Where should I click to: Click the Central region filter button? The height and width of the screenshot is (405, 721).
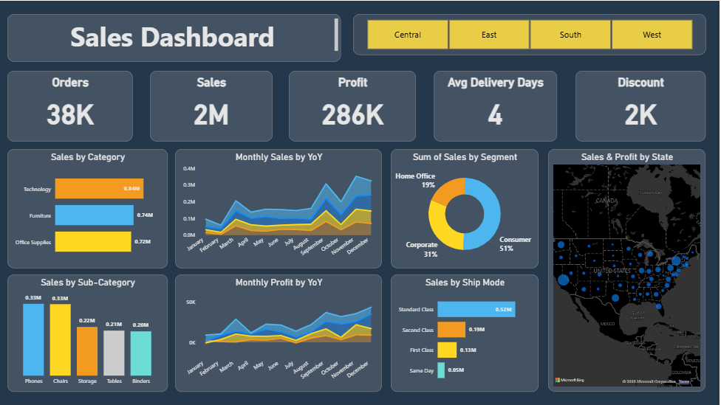[408, 35]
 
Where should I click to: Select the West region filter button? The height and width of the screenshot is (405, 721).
[652, 35]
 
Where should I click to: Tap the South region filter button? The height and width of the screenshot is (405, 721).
[570, 35]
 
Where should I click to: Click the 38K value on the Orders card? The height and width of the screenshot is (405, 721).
[70, 114]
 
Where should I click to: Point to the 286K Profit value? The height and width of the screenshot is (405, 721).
[352, 114]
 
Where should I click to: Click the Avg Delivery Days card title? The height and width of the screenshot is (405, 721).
[495, 83]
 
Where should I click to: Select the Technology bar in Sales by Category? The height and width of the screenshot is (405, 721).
[99, 189]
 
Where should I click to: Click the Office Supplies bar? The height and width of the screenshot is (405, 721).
[92, 241]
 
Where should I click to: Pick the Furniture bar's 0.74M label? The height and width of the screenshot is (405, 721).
[145, 215]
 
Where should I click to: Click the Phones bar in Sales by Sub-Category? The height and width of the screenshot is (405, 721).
[33, 339]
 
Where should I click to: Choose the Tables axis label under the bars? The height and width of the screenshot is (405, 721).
[114, 382]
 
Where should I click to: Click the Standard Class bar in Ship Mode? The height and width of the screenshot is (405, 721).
[476, 309]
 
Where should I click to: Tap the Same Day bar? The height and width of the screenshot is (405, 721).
[441, 370]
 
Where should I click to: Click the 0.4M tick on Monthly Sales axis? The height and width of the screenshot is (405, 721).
[189, 168]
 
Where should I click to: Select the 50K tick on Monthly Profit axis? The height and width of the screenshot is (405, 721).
[191, 302]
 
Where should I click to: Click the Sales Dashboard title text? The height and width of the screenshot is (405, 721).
[172, 37]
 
